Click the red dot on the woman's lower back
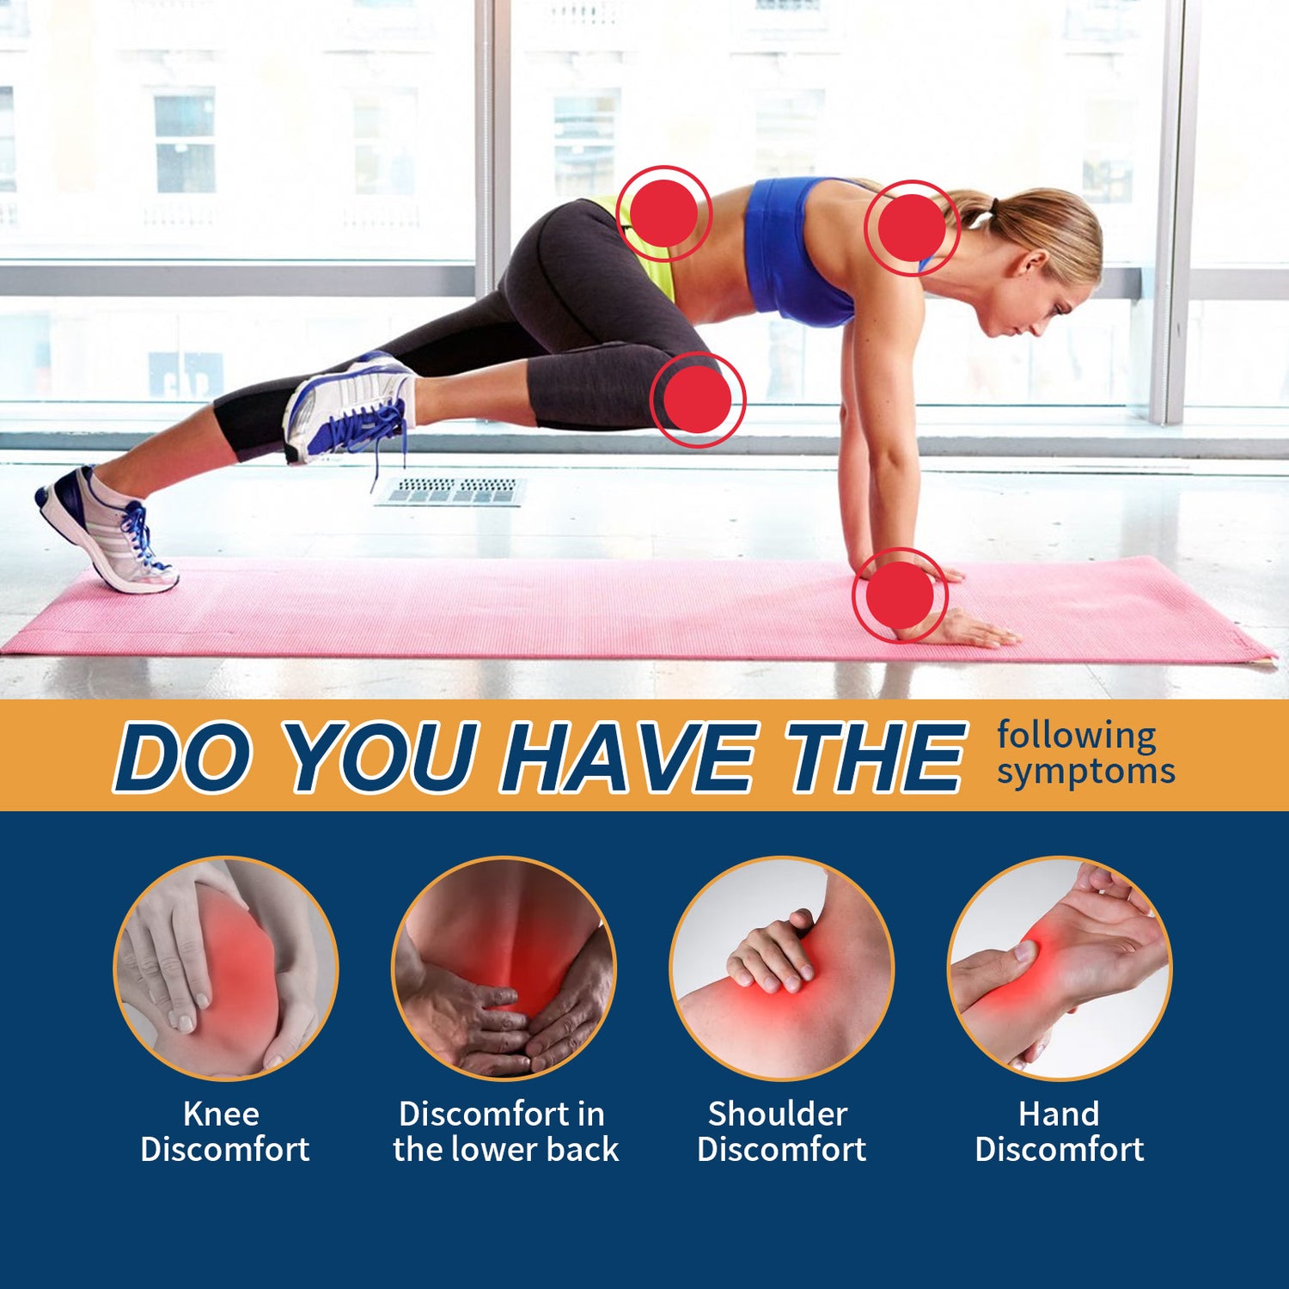[x=664, y=213]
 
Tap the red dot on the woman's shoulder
[x=912, y=228]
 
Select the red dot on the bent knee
[x=697, y=400]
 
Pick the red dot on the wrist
[x=900, y=596]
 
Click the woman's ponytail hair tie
[x=994, y=207]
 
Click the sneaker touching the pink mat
[x=105, y=528]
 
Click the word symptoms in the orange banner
[x=1085, y=772]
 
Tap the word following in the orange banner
[x=1077, y=736]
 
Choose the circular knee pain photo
[x=226, y=968]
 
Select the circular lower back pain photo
[x=504, y=968]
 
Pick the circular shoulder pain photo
[x=781, y=968]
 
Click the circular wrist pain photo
[x=1059, y=968]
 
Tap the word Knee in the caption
[x=221, y=1114]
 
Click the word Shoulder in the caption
[x=778, y=1114]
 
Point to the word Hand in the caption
[x=1059, y=1114]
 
